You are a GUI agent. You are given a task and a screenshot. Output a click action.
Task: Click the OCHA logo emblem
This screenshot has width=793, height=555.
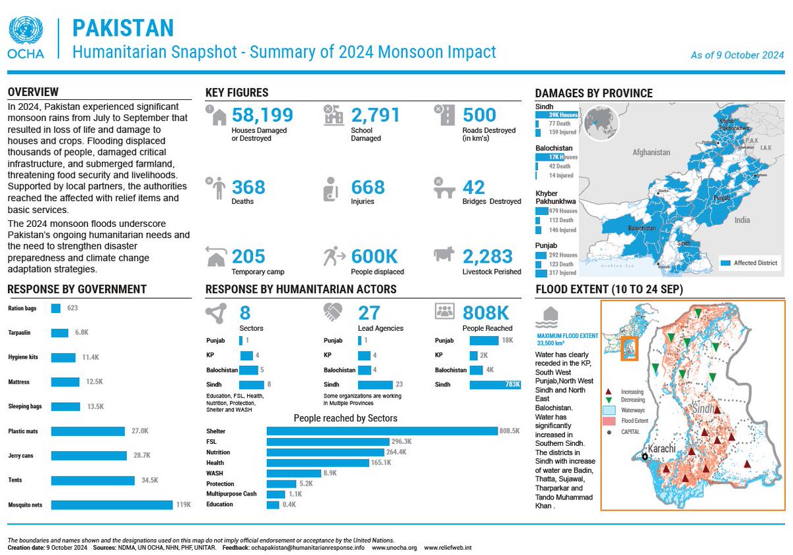point(26,32)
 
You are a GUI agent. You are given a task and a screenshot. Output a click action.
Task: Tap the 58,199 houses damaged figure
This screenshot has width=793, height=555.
point(262,116)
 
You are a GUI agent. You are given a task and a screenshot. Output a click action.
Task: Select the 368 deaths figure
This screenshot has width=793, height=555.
point(248,187)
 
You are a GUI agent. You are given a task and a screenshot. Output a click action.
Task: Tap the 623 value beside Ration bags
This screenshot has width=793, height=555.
point(73,308)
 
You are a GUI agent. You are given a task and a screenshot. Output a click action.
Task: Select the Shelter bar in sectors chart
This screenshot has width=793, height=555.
point(381,431)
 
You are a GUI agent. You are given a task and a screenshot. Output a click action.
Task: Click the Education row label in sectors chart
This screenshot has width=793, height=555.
point(219,505)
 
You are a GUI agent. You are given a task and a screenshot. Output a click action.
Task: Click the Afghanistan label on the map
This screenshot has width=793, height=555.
point(651,152)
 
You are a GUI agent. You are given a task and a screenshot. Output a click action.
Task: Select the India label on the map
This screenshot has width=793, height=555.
point(742,220)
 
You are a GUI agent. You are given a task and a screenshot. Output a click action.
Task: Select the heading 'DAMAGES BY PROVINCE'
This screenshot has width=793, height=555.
point(593,93)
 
